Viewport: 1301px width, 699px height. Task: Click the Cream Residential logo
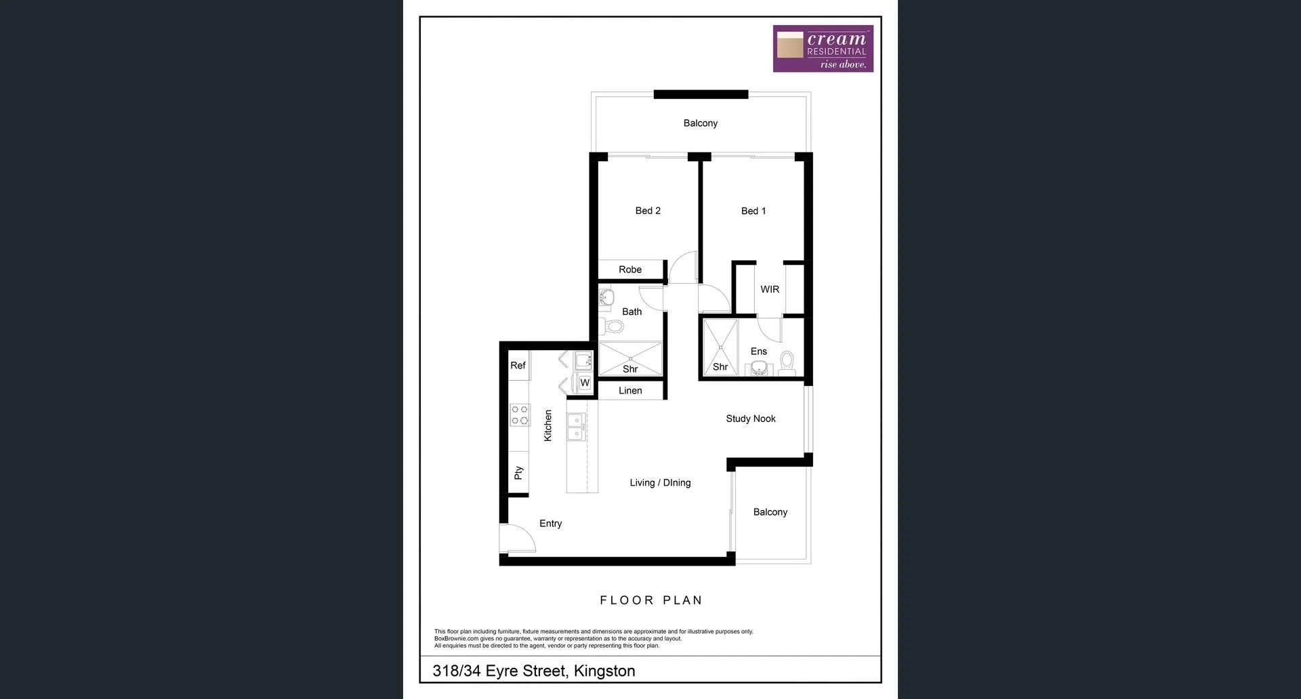pyautogui.click(x=823, y=49)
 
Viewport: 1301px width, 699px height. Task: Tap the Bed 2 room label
pyautogui.click(x=648, y=211)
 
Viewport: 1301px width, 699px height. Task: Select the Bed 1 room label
pyautogui.click(x=753, y=211)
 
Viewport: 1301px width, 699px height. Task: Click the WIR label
pyautogui.click(x=769, y=289)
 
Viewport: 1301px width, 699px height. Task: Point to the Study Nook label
pyautogui.click(x=750, y=419)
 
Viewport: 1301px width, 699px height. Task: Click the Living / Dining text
pyautogui.click(x=660, y=483)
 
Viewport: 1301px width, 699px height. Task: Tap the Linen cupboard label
pyautogui.click(x=629, y=391)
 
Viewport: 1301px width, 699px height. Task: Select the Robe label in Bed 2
pyautogui.click(x=629, y=270)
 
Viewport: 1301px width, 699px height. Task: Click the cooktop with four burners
pyautogui.click(x=519, y=415)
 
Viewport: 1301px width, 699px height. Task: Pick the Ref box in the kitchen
pyautogui.click(x=518, y=366)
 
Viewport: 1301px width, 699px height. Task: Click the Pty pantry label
pyautogui.click(x=518, y=473)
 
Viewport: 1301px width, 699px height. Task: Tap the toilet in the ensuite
pyautogui.click(x=787, y=362)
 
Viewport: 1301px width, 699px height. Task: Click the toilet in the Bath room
pyautogui.click(x=613, y=326)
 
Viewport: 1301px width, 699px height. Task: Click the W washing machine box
pyautogui.click(x=584, y=383)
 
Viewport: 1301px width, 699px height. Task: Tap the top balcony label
pyautogui.click(x=700, y=123)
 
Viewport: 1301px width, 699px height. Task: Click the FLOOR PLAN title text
pyautogui.click(x=650, y=600)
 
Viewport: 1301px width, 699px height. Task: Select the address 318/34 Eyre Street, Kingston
pyautogui.click(x=533, y=671)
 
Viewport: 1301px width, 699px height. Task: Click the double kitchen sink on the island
pyautogui.click(x=576, y=427)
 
